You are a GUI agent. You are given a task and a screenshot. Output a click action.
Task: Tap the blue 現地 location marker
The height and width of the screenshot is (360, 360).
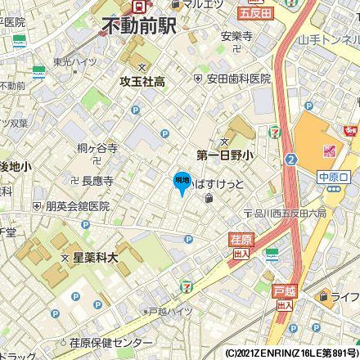pos(182,182)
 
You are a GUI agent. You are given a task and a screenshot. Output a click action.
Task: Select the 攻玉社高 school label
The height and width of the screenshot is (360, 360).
pos(143,82)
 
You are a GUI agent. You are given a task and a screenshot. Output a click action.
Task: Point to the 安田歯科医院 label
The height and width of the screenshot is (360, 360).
pos(238,79)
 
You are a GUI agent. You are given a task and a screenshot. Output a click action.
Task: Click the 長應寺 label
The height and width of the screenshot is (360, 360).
pos(97,179)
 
